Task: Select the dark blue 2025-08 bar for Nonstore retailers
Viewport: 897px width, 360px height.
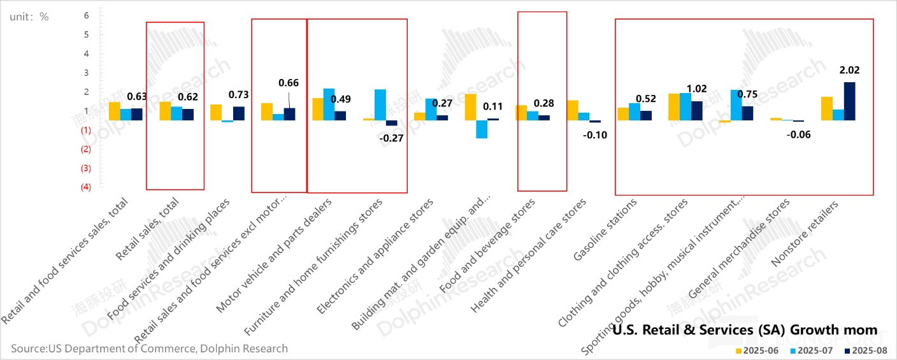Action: (849, 101)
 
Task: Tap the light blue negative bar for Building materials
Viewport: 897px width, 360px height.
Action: (482, 129)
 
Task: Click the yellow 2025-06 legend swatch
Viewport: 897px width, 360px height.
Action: (739, 350)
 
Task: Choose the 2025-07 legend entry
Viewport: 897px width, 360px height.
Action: (814, 350)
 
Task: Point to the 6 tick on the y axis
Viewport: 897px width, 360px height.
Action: (87, 15)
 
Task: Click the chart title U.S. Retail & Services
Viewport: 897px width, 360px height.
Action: (744, 330)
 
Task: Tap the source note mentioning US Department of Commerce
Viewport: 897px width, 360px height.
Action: (149, 349)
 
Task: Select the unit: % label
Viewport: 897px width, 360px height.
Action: (29, 17)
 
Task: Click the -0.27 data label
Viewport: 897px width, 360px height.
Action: (391, 138)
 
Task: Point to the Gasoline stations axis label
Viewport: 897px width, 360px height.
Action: (605, 229)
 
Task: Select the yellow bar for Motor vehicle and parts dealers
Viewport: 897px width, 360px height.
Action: (317, 109)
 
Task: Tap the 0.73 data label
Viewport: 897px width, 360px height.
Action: (238, 94)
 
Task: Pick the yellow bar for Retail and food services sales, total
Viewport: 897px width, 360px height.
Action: (115, 111)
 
